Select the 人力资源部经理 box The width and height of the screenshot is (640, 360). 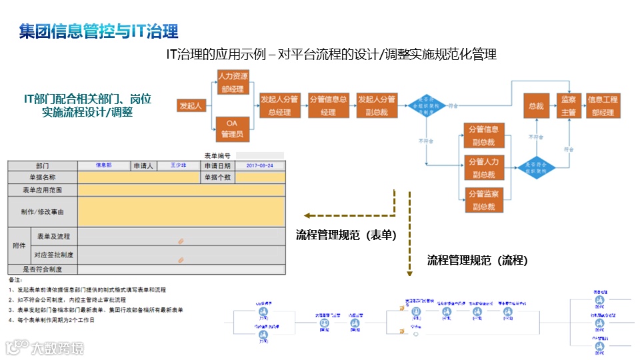(233, 83)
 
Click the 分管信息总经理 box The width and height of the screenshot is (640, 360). (328, 105)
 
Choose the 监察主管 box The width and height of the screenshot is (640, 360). (568, 106)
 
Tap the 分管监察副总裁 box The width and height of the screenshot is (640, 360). (483, 200)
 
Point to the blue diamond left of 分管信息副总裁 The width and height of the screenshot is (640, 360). (427, 106)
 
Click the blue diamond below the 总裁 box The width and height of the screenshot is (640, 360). (536, 167)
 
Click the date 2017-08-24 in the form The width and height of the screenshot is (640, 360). (259, 165)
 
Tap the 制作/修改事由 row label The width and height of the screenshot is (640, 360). (42, 211)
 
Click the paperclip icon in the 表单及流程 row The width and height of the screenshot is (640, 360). (181, 241)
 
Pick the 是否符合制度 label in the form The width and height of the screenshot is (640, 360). (42, 269)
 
